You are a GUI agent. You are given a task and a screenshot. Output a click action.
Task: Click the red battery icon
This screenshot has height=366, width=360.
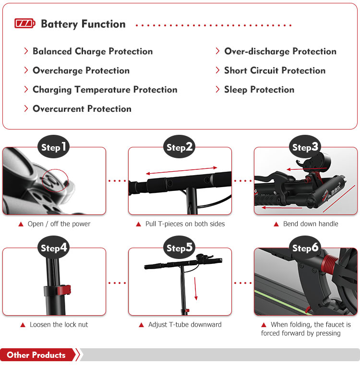click(25, 24)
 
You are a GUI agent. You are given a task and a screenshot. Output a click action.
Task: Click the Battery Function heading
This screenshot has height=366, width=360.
click(83, 24)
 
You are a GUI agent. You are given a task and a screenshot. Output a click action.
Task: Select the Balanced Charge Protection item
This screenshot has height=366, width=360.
click(93, 51)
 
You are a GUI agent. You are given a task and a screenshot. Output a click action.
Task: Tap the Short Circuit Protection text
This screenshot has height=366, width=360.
click(275, 70)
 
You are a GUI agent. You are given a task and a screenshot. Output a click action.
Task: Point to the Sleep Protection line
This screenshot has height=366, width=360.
click(259, 90)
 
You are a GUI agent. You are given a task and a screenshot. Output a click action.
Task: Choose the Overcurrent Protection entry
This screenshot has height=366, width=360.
click(82, 109)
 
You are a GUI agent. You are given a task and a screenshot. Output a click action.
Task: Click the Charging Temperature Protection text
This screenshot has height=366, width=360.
click(105, 90)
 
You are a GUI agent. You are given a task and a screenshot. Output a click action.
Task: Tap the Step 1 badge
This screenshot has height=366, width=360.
click(54, 147)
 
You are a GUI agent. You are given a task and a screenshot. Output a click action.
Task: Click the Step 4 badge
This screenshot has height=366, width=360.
click(54, 248)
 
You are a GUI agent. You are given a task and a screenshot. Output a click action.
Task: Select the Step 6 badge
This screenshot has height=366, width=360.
click(305, 248)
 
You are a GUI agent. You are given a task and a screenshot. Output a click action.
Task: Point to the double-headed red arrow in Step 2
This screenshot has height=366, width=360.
click(181, 170)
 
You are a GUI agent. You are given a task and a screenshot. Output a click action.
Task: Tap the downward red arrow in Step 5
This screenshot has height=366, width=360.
click(195, 289)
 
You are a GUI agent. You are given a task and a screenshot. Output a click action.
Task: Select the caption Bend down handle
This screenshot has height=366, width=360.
click(311, 224)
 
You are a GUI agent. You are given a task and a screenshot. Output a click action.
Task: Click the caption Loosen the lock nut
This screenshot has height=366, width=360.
click(59, 324)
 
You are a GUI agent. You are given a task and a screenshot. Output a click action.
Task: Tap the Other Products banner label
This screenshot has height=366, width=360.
click(36, 355)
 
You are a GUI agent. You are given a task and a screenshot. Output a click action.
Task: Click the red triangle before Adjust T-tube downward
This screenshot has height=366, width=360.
click(141, 325)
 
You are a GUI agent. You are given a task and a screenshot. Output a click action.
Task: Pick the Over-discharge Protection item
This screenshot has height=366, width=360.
click(280, 51)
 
